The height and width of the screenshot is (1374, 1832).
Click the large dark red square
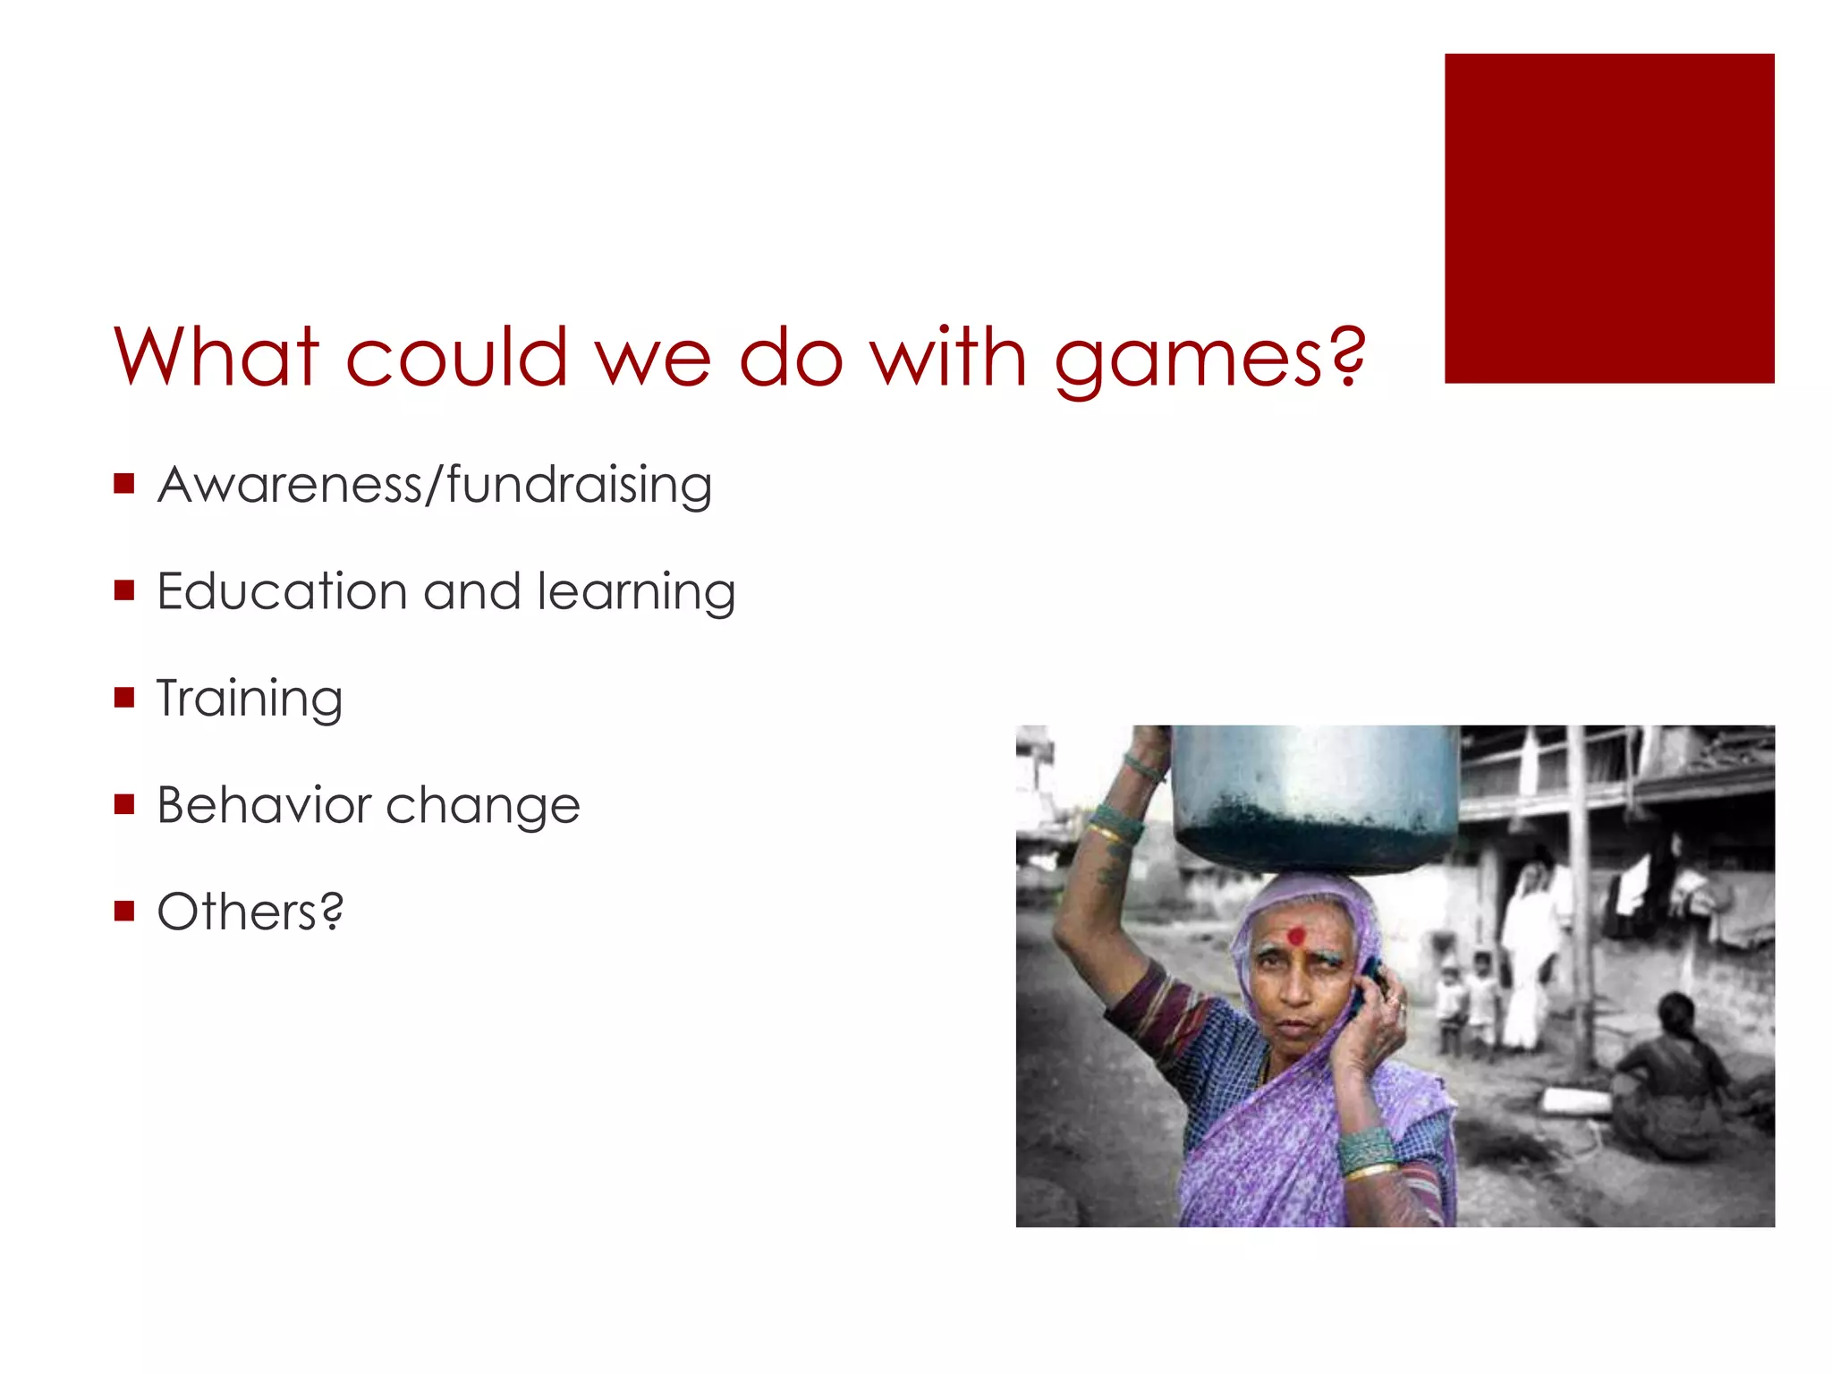[1608, 218]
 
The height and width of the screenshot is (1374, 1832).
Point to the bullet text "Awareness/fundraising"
[435, 485]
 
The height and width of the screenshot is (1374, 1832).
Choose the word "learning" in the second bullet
[637, 593]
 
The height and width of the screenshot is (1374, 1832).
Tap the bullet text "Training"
[250, 699]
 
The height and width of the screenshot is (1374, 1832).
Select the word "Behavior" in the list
[264, 805]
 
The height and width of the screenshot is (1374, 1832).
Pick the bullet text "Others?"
[250, 912]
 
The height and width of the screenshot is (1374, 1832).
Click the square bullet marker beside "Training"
[124, 697]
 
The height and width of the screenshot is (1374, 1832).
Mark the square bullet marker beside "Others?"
[124, 911]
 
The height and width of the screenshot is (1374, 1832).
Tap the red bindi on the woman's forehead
[1294, 937]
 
